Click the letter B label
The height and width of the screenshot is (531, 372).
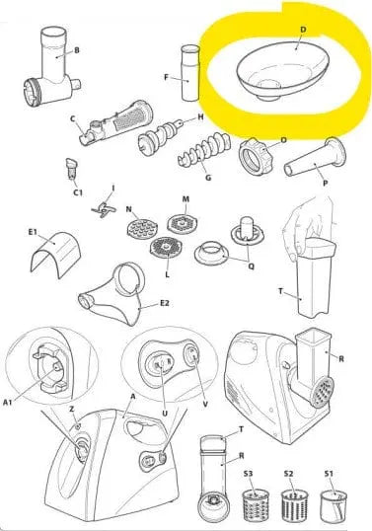click(x=77, y=50)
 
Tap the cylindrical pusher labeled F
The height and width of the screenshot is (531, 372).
click(x=190, y=73)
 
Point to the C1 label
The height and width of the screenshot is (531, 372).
click(x=78, y=192)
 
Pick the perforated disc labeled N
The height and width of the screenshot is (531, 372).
click(x=142, y=228)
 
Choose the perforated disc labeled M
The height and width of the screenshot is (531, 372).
click(x=183, y=223)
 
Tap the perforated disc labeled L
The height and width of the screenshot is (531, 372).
click(x=166, y=248)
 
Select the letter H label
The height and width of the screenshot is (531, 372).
click(x=200, y=117)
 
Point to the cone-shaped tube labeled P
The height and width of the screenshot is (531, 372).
click(x=315, y=157)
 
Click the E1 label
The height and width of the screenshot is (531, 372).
click(x=33, y=232)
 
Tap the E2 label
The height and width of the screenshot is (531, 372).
click(x=164, y=303)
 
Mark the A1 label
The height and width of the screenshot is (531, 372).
click(x=8, y=402)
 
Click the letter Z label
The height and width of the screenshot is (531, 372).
click(x=72, y=409)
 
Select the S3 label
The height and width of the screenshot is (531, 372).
click(x=248, y=473)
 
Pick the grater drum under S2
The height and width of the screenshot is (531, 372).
click(x=294, y=505)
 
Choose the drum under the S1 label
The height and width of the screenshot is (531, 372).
click(x=334, y=505)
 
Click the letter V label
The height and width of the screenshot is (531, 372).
click(x=205, y=404)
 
